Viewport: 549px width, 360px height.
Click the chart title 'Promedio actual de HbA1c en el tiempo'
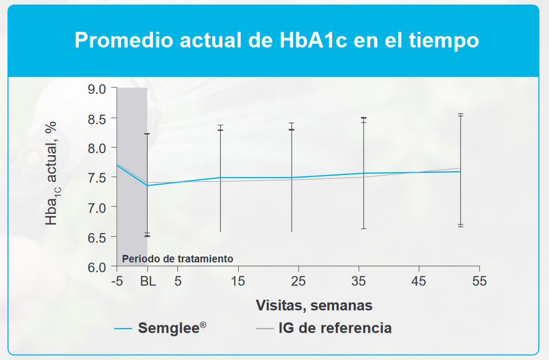[x=277, y=40]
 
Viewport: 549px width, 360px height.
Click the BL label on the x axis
[x=148, y=281]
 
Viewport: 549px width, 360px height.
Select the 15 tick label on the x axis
[x=238, y=281]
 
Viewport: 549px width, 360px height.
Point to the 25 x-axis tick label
[x=298, y=281]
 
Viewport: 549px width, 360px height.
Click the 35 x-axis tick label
[x=359, y=281]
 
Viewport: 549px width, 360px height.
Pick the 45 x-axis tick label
[x=419, y=281]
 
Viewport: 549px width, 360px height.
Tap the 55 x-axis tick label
[x=479, y=281]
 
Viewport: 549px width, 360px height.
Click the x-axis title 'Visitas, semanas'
[x=314, y=306]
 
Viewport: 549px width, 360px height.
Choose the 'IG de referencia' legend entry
[x=335, y=327]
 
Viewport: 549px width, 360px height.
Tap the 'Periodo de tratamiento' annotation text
[x=178, y=259]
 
